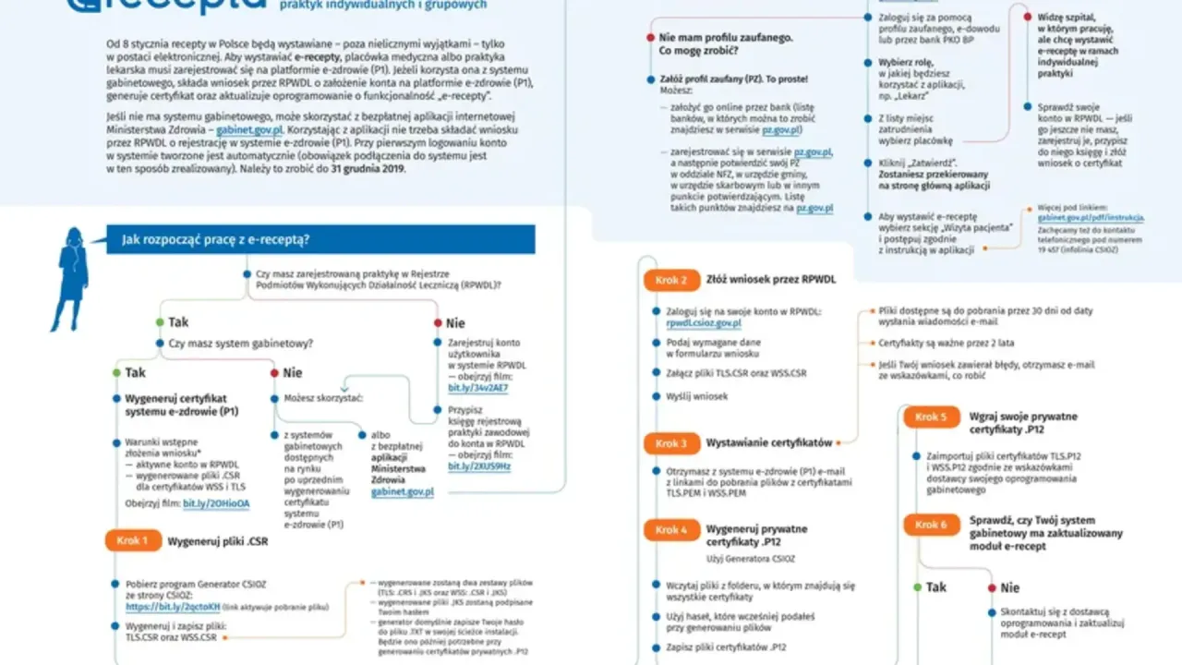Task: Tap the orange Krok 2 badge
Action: tap(671, 280)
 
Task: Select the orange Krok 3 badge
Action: tap(671, 443)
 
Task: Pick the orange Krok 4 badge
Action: tap(671, 530)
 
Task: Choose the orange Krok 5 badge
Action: tap(931, 417)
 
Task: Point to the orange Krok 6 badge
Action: tap(931, 525)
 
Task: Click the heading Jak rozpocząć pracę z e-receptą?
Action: tap(216, 240)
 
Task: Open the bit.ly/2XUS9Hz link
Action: tap(479, 466)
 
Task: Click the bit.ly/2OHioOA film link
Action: tap(216, 503)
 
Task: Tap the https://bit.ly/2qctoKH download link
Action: tap(173, 607)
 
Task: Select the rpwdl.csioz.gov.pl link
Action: tap(703, 324)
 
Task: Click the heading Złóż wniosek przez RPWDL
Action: tap(758, 279)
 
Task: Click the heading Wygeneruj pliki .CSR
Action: tap(217, 541)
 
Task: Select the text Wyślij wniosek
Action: tap(696, 396)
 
